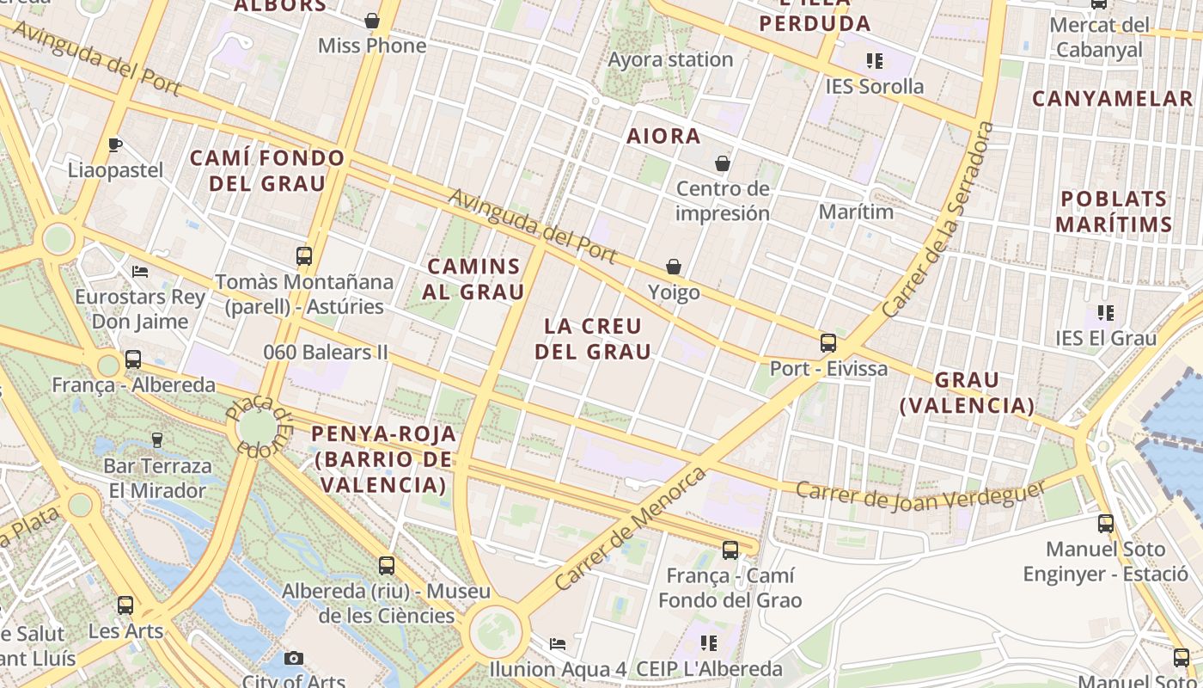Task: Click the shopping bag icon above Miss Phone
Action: [x=372, y=21]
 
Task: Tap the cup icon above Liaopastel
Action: [x=115, y=144]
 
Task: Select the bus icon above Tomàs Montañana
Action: [x=304, y=255]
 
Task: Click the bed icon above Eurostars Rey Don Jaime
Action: [x=140, y=272]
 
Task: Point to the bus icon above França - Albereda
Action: [x=133, y=359]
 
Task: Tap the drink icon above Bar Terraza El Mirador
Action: [x=156, y=440]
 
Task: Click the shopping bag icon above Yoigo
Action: [x=674, y=267]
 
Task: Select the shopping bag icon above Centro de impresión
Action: [x=723, y=163]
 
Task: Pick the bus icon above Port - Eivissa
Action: [x=828, y=343]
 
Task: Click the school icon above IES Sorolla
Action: [x=875, y=61]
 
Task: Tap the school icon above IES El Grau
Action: [x=1106, y=313]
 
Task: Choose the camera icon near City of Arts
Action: [x=294, y=658]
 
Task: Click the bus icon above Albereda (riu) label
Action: [x=387, y=566]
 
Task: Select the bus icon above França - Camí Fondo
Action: [x=730, y=550]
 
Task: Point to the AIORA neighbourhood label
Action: [x=663, y=136]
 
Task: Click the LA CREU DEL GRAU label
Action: [x=593, y=339]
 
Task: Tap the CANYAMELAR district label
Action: [x=1113, y=99]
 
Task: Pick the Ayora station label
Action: [x=670, y=60]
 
